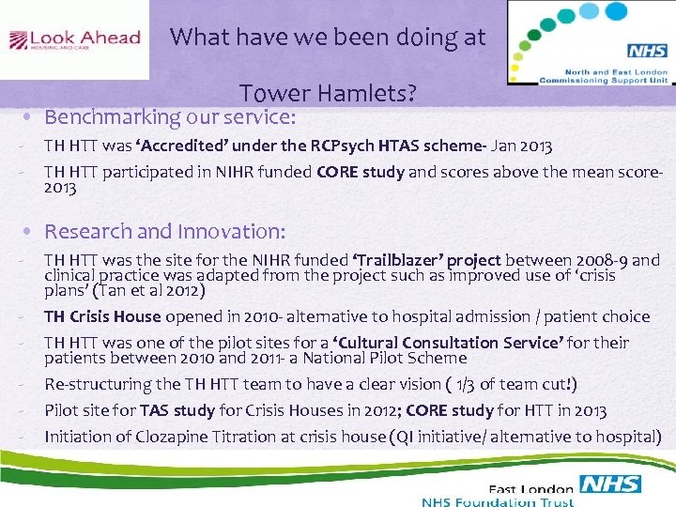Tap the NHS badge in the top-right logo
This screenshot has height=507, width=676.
[x=646, y=52]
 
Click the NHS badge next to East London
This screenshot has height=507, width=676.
[x=610, y=484]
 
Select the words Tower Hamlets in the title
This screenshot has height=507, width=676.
[x=328, y=95]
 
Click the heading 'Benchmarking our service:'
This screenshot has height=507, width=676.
[x=170, y=117]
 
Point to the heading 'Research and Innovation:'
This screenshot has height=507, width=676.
[x=165, y=231]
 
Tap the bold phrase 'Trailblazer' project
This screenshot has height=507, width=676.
[x=432, y=260]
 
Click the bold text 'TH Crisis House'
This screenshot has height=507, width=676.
[x=102, y=316]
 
